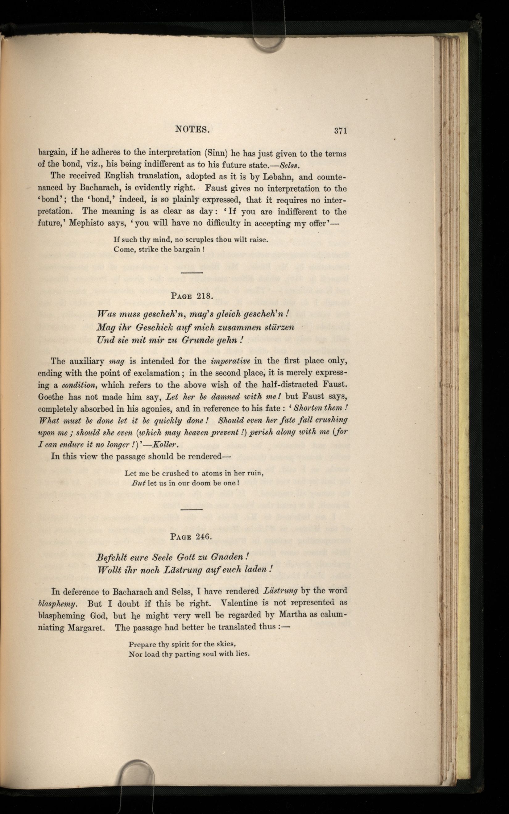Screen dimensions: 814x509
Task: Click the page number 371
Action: pyautogui.click(x=340, y=131)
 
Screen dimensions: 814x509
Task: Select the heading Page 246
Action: pyautogui.click(x=191, y=537)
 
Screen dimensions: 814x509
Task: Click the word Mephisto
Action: pyautogui.click(x=86, y=223)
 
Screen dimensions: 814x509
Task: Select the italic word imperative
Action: pyautogui.click(x=230, y=361)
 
